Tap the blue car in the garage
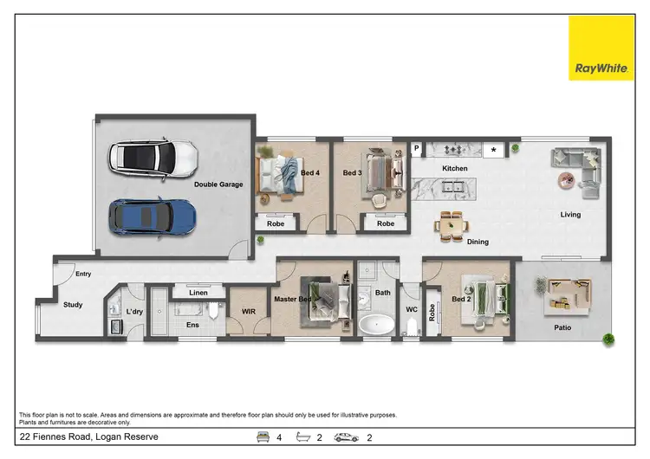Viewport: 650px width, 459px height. click(x=153, y=216)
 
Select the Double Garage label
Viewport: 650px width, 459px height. click(x=218, y=184)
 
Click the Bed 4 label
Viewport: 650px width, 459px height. click(x=309, y=173)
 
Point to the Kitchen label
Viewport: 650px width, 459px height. click(x=455, y=168)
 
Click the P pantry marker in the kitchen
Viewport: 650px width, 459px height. click(x=417, y=148)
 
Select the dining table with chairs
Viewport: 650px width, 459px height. click(x=451, y=225)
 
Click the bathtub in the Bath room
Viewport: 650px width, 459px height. click(x=376, y=326)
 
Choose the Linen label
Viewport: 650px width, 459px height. click(x=198, y=293)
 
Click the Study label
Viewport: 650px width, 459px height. click(x=73, y=305)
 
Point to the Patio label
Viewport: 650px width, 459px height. click(x=562, y=327)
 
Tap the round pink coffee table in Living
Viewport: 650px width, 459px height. click(x=566, y=178)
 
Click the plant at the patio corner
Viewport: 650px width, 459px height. click(x=608, y=339)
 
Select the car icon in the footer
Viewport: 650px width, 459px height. click(x=346, y=437)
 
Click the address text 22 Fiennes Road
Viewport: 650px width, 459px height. click(x=88, y=437)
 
